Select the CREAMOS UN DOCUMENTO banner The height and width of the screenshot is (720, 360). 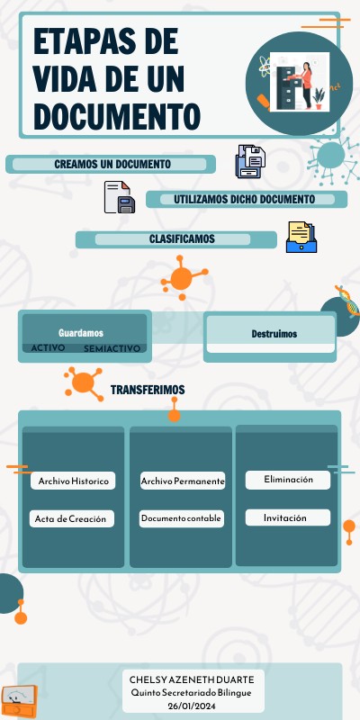coord(112,165)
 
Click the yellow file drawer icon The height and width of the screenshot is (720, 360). coord(301,238)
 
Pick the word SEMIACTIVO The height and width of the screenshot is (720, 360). coord(112,348)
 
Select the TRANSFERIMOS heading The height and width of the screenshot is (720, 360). coord(148,390)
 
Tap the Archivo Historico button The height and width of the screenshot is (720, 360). coord(74,481)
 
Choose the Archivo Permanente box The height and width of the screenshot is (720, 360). coord(183,481)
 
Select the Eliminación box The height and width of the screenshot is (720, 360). coord(288,480)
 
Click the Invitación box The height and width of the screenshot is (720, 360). coord(285,517)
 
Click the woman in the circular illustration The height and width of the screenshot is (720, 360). coord(305,83)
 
